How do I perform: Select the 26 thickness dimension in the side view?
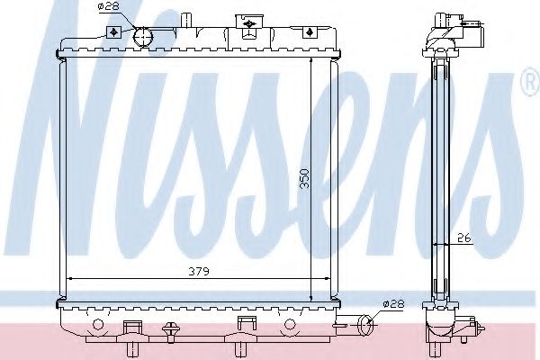[463, 238]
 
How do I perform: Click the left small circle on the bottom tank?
[96, 323]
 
